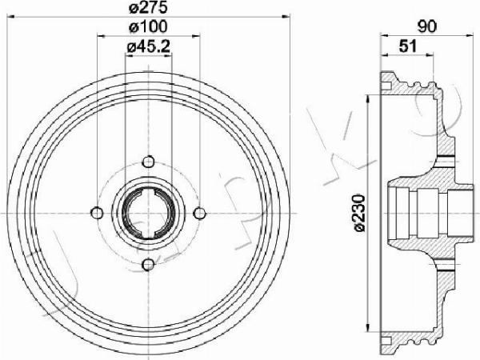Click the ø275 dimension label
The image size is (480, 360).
pos(148,8)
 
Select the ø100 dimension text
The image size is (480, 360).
pos(148,27)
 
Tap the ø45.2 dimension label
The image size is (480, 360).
pos(148,46)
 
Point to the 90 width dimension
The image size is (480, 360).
pos(427,27)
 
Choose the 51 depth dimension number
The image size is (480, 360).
pos(408,46)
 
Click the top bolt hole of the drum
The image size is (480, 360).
pos(149,162)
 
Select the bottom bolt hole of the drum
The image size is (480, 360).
pos(149,265)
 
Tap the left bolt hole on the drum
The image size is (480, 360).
pos(97,213)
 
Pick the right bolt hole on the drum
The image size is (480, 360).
pos(200,213)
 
